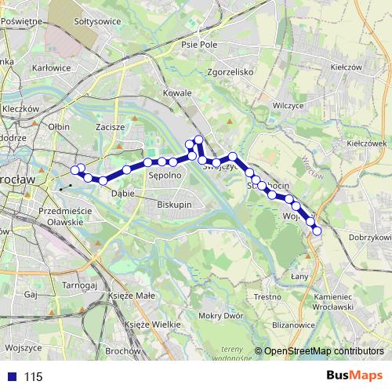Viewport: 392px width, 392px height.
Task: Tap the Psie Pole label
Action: coord(198,45)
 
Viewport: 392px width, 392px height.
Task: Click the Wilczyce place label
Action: coord(288,103)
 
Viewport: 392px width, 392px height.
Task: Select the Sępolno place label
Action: coord(165,177)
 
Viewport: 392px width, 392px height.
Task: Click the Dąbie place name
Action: coord(122,192)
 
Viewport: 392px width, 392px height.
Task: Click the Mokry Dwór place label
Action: coord(219,316)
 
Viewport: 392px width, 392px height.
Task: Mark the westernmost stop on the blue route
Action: coord(75,169)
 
